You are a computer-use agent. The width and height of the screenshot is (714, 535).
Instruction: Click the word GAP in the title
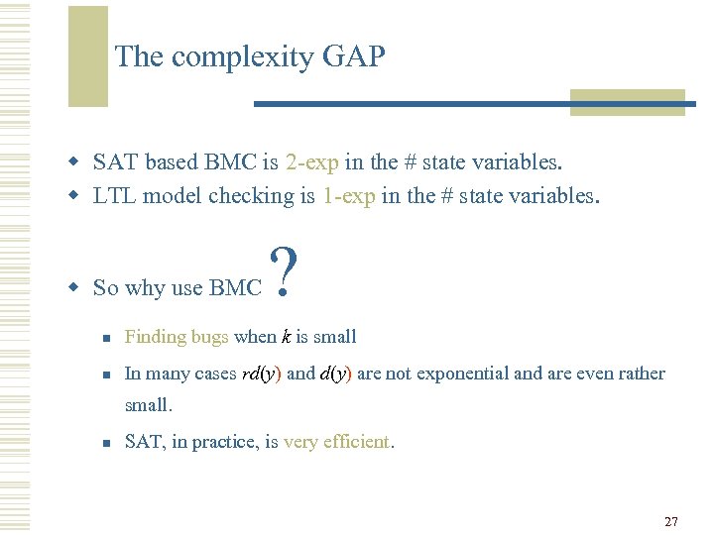pos(353,57)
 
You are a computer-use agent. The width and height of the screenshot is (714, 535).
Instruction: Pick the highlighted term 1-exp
pos(348,195)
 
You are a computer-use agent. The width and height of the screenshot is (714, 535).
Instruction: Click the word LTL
pos(114,195)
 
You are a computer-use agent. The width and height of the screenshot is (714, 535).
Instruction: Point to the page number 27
pos(671,521)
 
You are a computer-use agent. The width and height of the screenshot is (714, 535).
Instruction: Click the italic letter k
pos(287,337)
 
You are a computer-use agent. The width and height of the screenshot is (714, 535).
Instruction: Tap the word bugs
pos(210,337)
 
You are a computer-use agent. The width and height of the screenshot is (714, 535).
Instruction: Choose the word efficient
pos(355,442)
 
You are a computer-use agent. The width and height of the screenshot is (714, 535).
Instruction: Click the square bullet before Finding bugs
pos(105,338)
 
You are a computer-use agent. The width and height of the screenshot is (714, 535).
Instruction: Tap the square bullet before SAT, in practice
pos(105,443)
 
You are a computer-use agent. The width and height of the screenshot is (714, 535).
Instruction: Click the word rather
pos(642,374)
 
